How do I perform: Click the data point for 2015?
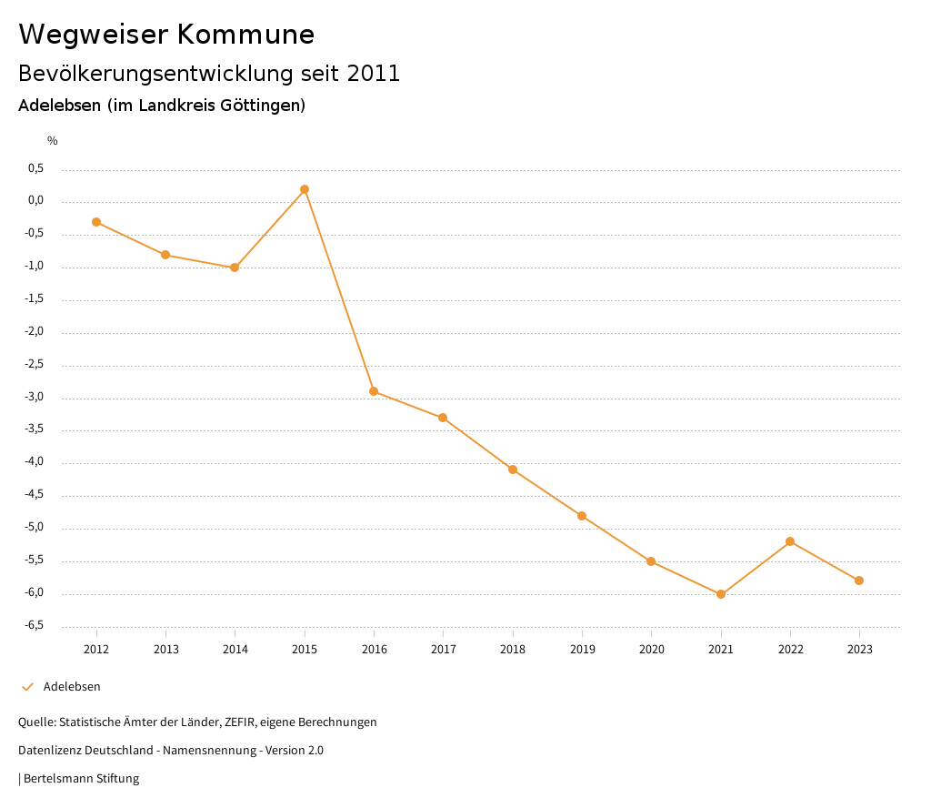305,189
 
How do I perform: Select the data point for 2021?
721,594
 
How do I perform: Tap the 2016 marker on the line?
374,391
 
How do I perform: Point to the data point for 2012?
96,222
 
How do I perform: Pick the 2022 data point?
790,541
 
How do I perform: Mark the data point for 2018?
513,470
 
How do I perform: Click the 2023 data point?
859,581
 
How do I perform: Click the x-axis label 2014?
235,649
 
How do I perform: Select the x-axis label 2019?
582,649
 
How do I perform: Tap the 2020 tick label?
652,649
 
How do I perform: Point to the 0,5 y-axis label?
35,168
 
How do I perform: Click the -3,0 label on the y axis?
34,397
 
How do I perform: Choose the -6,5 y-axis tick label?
34,625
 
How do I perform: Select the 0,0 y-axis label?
35,201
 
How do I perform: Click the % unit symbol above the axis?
53,140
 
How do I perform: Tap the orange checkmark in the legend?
27,687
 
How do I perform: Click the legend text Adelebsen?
72,687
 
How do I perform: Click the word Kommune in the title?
245,35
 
